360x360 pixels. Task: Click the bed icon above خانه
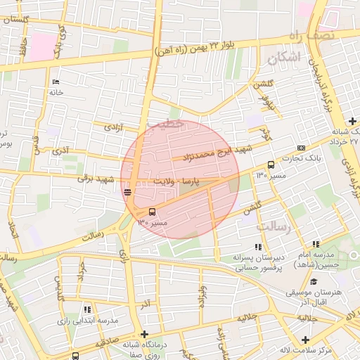pyautogui.click(x=56, y=82)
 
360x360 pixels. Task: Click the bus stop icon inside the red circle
pyautogui.click(x=152, y=211)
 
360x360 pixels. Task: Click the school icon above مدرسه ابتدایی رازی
pyautogui.click(x=86, y=309)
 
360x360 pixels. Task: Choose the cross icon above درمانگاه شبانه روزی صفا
pyautogui.click(x=144, y=335)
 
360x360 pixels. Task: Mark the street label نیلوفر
pyautogui.click(x=266, y=103)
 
